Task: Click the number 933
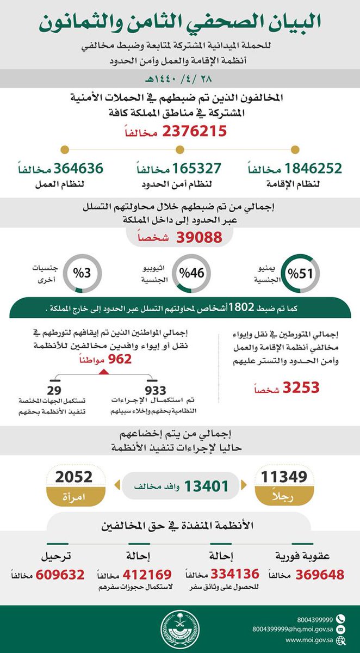click(x=156, y=392)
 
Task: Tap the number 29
click(x=54, y=392)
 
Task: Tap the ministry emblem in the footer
click(x=180, y=629)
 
